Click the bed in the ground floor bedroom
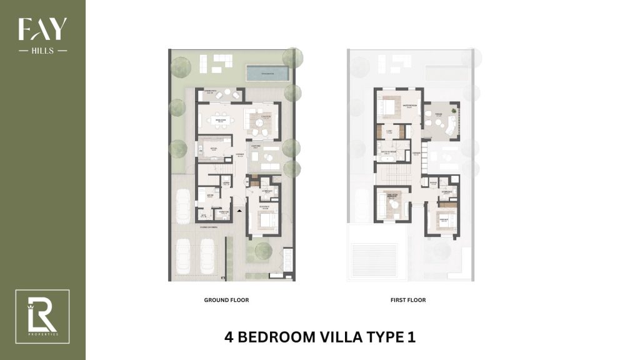(264, 220)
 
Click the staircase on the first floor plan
(396, 171)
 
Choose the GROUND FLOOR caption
(226, 300)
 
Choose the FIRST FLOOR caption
(407, 300)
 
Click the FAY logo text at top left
(42, 29)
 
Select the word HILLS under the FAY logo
(42, 50)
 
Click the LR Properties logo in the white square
(42, 316)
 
